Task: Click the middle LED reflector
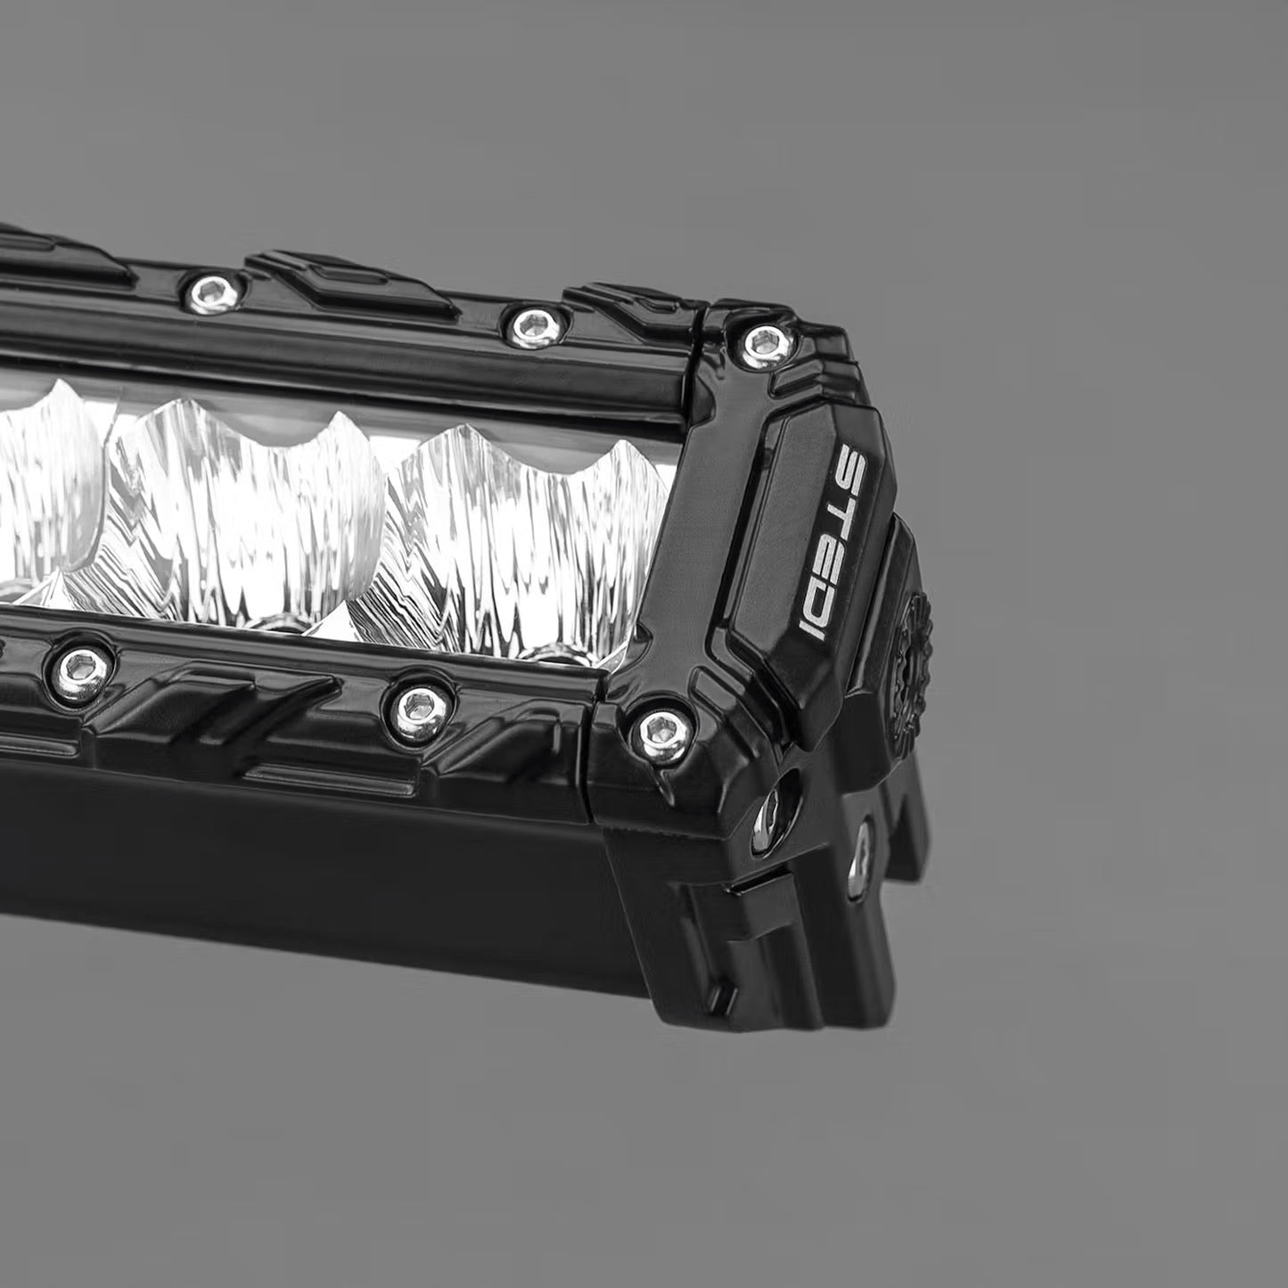pyautogui.click(x=245, y=499)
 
